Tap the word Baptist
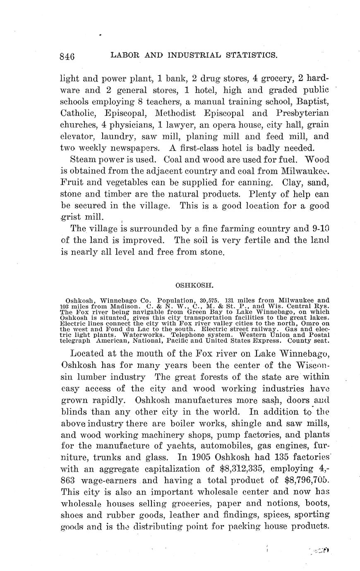[310, 101]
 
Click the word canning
[255, 182]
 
